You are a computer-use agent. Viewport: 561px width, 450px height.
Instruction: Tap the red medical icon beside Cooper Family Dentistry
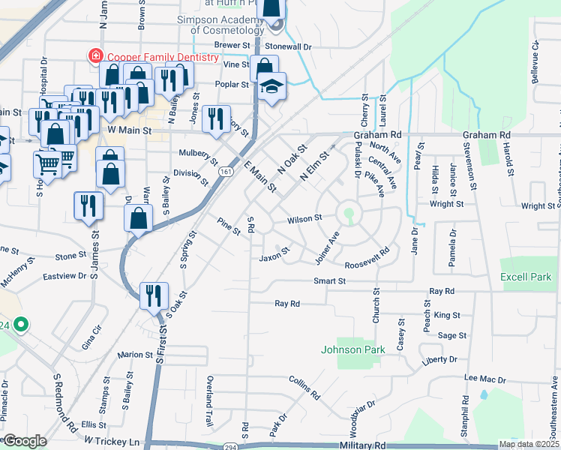(95, 55)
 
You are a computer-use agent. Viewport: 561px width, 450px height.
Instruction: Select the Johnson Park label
(352, 349)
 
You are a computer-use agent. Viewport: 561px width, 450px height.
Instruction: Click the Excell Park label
(525, 277)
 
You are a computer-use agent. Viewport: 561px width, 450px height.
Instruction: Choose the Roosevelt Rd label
(367, 259)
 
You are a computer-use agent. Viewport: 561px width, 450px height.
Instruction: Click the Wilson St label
(304, 219)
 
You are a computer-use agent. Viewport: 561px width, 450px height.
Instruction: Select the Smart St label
(330, 281)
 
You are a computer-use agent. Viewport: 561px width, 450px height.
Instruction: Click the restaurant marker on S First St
(154, 294)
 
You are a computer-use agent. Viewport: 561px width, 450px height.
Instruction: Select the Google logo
(25, 441)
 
